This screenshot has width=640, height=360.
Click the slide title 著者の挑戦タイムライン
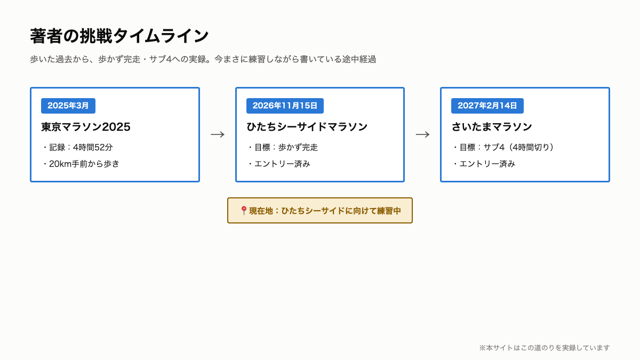(x=119, y=36)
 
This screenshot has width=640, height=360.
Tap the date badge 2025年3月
(x=68, y=106)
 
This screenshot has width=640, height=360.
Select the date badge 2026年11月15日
(x=285, y=106)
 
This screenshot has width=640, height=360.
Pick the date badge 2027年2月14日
(x=487, y=106)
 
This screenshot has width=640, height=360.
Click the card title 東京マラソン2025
(x=86, y=127)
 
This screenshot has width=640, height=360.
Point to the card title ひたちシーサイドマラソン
(x=307, y=127)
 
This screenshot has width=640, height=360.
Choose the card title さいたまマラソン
(x=492, y=127)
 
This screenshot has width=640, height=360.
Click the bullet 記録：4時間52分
(x=81, y=147)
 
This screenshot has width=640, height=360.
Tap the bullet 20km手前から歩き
(x=84, y=164)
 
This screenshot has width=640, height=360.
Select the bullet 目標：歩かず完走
(x=286, y=147)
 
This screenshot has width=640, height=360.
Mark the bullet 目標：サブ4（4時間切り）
(x=507, y=147)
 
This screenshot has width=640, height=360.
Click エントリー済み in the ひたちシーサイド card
(x=282, y=164)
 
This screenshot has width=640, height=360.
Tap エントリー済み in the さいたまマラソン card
(x=487, y=164)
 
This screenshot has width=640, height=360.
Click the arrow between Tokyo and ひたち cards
(x=218, y=134)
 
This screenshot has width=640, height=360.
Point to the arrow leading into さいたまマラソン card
(x=422, y=134)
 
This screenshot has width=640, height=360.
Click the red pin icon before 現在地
(x=244, y=211)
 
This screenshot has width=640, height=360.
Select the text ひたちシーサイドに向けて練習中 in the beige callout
(x=341, y=211)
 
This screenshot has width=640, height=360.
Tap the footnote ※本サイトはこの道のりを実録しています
(x=545, y=348)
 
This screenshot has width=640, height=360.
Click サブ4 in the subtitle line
(x=161, y=59)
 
